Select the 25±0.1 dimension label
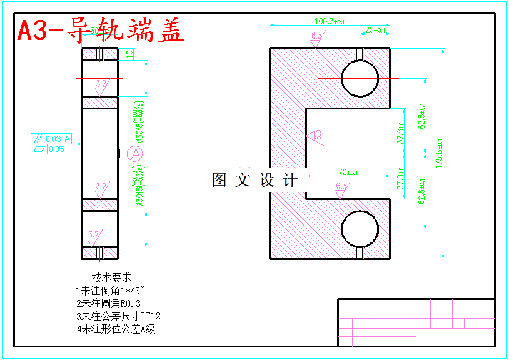pos(376,30)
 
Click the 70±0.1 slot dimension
pos(348,172)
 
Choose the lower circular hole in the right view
pos(360,229)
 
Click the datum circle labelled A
pos(135,152)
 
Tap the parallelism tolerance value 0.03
pos(54,139)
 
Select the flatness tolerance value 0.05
pos(56,149)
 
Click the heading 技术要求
pos(112,277)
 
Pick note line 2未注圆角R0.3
pos(108,303)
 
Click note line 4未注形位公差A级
pos(116,329)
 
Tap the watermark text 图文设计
pos(254,181)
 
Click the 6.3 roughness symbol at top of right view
pos(316,37)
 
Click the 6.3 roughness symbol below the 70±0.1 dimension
pos(341,187)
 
